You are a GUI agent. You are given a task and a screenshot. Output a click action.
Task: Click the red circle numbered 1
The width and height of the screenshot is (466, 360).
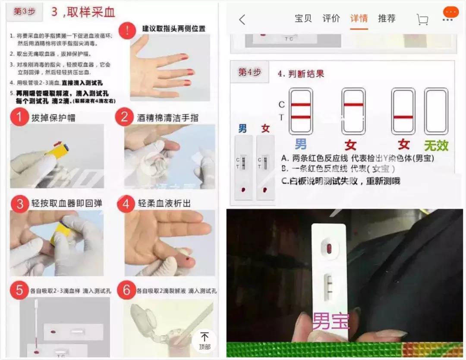click(x=19, y=117)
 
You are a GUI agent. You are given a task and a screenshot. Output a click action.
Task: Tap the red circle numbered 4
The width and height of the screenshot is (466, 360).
click(x=126, y=203)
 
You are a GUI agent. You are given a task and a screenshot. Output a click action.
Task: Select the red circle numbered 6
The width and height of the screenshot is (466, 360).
click(x=126, y=290)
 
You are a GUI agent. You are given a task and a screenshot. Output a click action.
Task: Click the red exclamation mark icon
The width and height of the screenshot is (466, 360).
click(x=127, y=31)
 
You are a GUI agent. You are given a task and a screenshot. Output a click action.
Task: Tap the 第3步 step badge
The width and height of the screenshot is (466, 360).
click(x=24, y=12)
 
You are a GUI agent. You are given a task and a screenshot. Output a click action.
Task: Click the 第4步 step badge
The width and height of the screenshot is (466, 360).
click(x=249, y=72)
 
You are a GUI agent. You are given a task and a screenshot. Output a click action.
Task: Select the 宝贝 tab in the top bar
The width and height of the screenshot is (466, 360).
click(x=303, y=19)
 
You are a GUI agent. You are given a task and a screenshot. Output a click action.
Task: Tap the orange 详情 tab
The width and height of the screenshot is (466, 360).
click(x=359, y=19)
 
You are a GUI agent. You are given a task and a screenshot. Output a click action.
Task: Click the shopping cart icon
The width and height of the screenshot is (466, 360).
click(x=422, y=19)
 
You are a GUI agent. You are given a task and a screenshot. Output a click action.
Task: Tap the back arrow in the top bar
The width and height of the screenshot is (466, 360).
click(x=242, y=19)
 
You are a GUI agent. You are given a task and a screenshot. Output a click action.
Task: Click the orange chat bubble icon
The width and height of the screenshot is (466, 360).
click(x=450, y=12)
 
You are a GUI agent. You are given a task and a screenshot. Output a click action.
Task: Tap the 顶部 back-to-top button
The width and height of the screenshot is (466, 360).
click(x=205, y=340)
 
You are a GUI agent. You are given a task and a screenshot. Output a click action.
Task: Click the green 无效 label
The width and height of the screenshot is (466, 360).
click(x=436, y=145)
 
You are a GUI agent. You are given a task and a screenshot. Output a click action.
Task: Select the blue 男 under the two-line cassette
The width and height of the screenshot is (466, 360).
click(x=301, y=144)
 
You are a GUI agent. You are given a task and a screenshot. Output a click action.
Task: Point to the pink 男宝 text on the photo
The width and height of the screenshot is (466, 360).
click(x=331, y=321)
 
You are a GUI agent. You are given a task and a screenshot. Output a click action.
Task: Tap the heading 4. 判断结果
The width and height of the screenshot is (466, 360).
click(x=301, y=73)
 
